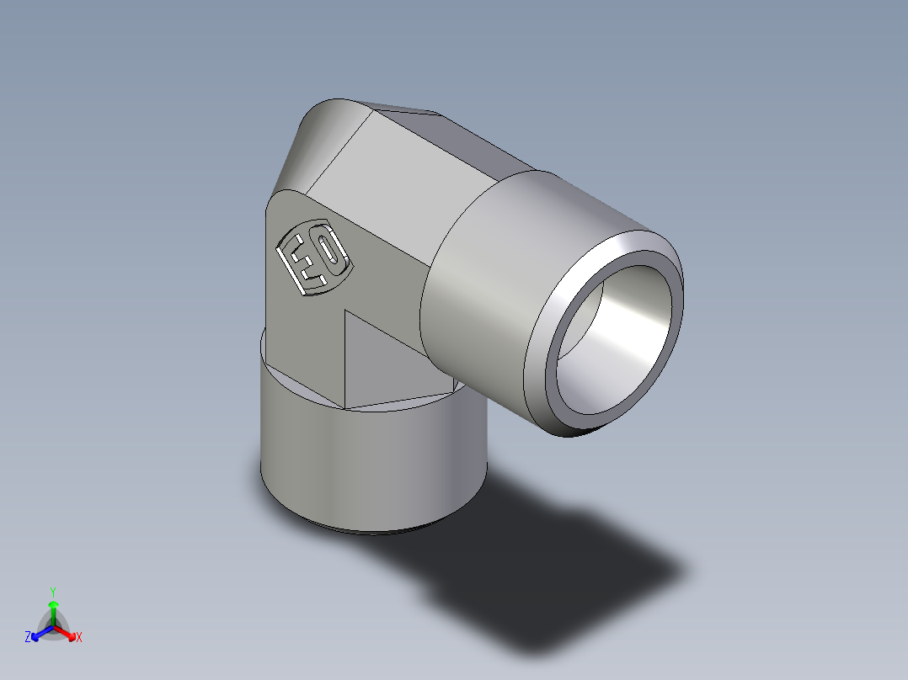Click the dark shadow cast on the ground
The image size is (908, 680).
click(573, 572)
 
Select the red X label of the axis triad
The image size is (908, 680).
click(78, 638)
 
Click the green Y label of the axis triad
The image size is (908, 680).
click(53, 591)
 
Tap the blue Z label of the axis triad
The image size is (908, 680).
click(28, 638)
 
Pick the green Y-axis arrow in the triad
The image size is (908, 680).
click(53, 610)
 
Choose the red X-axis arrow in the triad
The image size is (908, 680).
click(67, 632)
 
